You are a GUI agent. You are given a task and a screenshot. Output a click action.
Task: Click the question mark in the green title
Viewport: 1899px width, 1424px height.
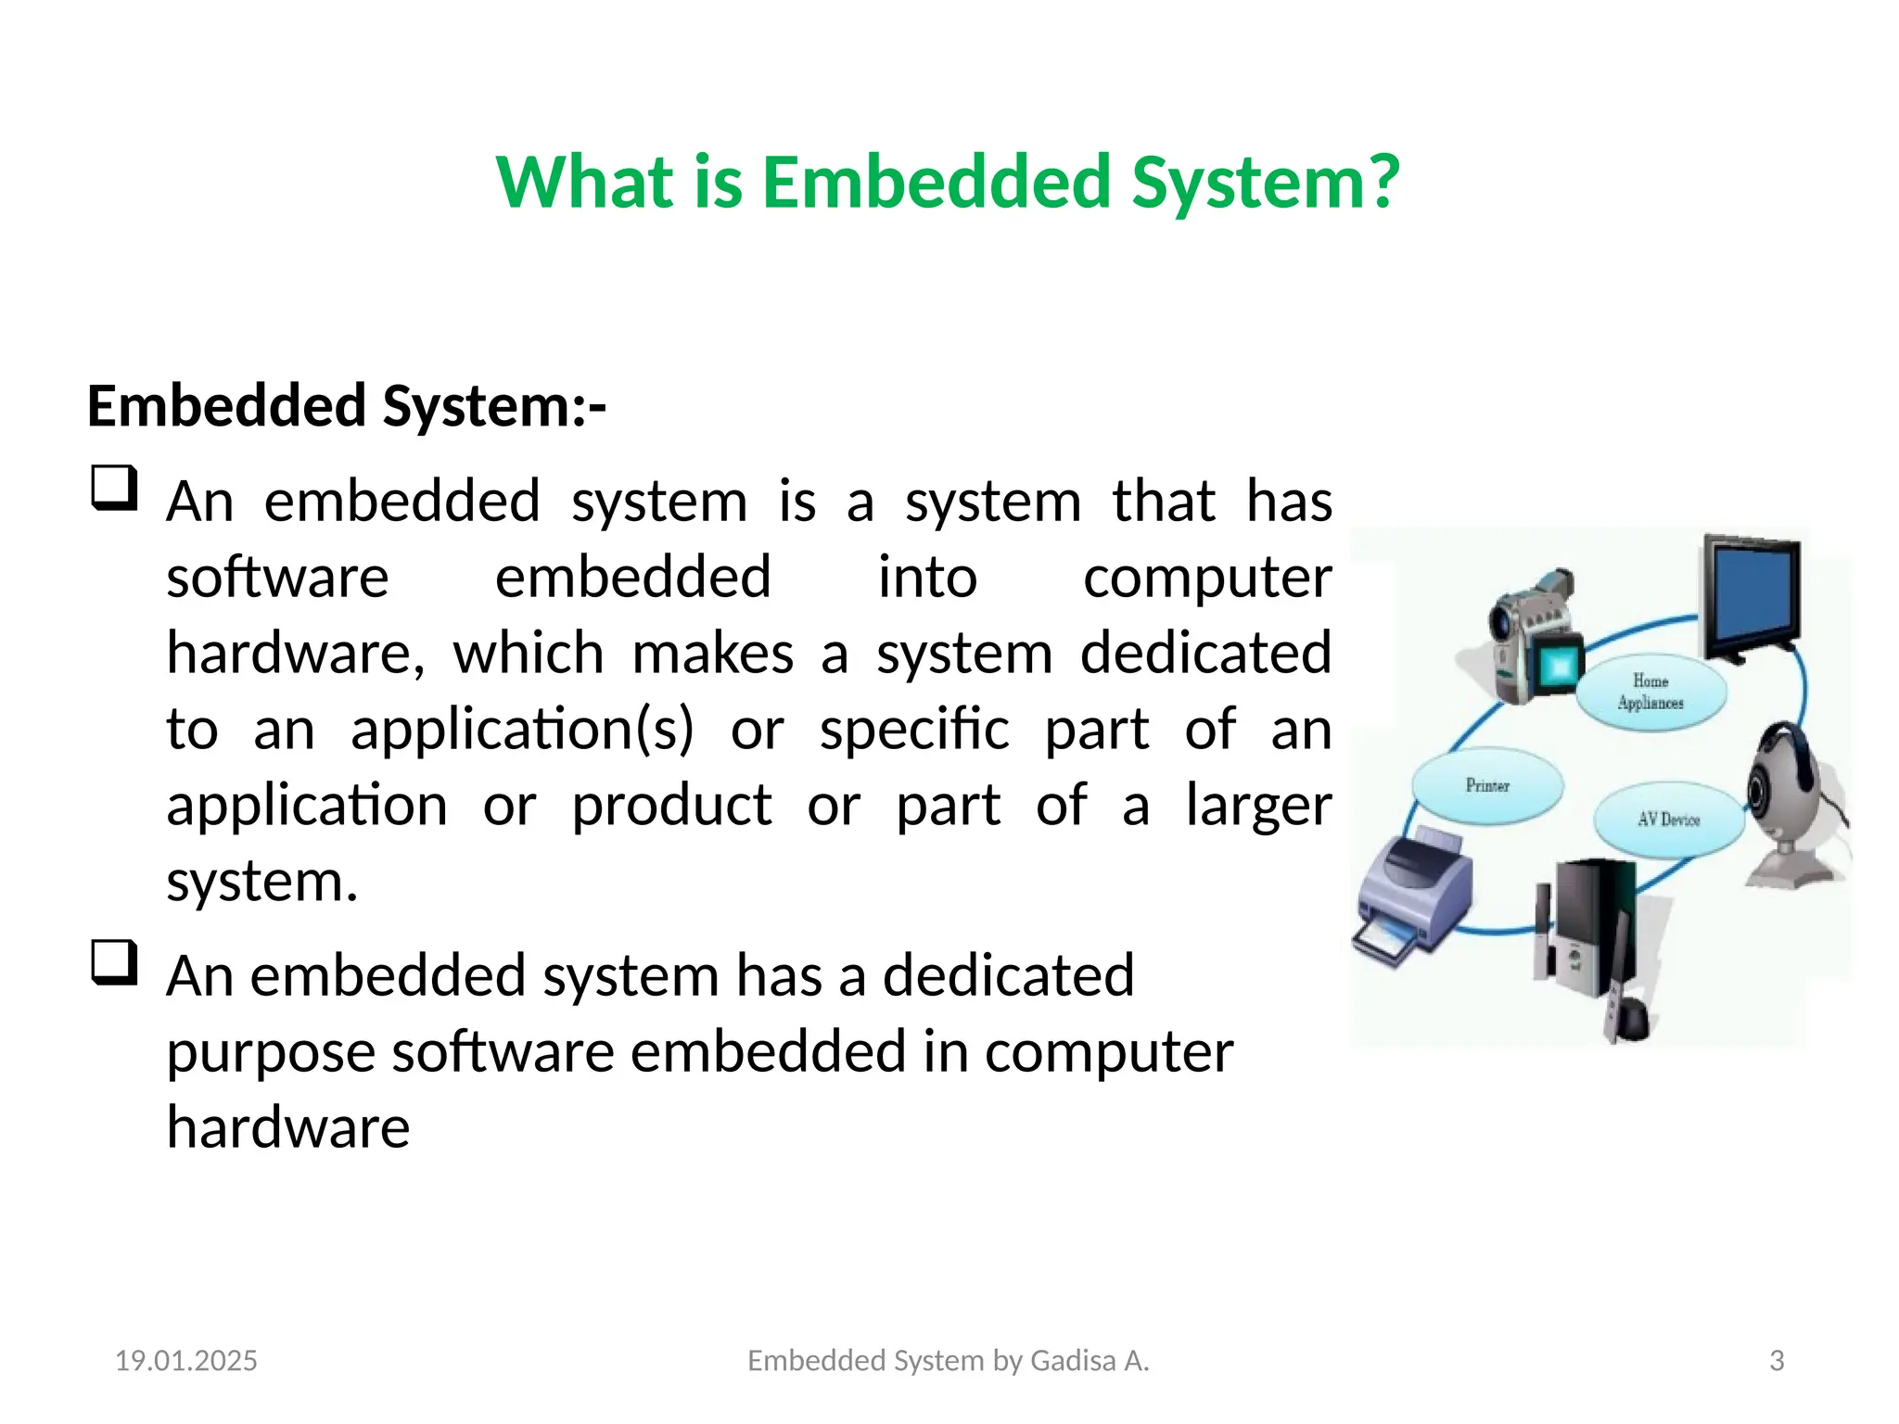tap(1381, 182)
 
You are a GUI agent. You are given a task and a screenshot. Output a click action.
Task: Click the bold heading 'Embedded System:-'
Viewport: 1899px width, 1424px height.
tap(347, 406)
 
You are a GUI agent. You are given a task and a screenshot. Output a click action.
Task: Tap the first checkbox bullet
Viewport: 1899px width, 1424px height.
tap(115, 489)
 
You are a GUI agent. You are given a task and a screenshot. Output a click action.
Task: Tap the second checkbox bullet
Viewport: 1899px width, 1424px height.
tap(115, 963)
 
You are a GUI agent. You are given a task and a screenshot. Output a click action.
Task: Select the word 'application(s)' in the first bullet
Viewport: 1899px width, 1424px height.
tap(522, 730)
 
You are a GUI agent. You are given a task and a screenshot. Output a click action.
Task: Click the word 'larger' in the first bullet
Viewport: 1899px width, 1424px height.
tap(1258, 806)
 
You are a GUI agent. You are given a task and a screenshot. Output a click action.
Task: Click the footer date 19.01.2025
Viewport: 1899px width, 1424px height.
tap(186, 1360)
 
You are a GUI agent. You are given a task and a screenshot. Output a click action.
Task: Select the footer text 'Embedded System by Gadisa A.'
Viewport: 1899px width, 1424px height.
tap(948, 1360)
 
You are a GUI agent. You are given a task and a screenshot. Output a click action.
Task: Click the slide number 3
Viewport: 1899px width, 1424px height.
tap(1777, 1360)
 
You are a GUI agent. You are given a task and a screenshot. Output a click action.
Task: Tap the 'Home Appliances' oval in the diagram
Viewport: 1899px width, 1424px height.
tap(1650, 693)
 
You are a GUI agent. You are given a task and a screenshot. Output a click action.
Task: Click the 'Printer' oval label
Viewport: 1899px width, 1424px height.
tap(1487, 785)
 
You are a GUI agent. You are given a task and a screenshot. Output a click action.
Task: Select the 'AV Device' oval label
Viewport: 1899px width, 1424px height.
tap(1668, 820)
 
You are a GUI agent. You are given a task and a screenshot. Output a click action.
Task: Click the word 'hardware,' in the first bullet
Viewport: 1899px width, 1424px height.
tap(296, 654)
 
